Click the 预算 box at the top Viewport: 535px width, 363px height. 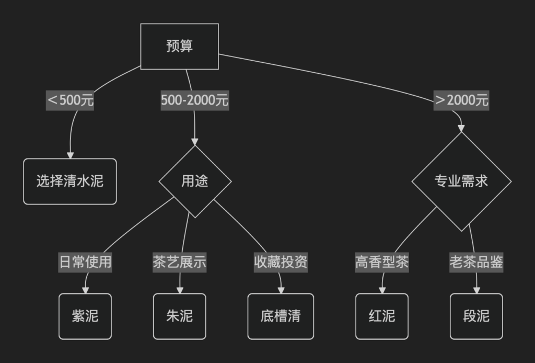pos(179,46)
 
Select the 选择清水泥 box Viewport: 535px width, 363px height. pos(70,181)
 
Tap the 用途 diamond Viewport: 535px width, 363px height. pos(195,181)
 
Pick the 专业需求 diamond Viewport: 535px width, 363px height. pos(461,181)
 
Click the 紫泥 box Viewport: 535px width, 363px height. pos(85,316)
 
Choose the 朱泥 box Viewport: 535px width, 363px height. pos(179,316)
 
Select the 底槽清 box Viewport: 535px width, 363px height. pos(281,316)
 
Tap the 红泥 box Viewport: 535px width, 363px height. pos(382,316)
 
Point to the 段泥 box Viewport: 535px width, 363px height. pos(476,316)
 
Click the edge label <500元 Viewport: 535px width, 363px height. pos(71,100)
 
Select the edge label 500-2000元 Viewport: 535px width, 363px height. pos(194,100)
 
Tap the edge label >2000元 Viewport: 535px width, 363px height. pos(461,100)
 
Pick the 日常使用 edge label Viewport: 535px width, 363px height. pos(85,262)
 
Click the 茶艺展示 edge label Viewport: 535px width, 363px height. pos(179,262)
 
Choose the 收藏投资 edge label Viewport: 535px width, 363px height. pos(281,262)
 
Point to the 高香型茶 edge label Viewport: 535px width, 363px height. pos(382,262)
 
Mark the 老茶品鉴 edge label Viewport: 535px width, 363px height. pos(476,262)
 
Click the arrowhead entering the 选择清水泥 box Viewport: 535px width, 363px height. pos(70,155)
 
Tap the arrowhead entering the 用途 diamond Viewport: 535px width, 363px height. pos(195,142)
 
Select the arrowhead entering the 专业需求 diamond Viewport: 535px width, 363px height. pos(461,128)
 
